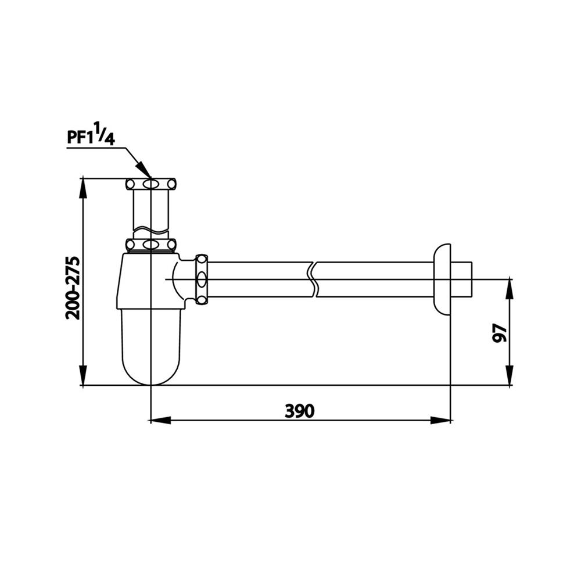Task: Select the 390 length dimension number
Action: point(299,411)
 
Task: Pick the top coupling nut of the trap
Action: point(150,185)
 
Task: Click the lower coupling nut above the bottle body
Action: point(150,245)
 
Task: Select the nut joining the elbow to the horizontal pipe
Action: point(202,279)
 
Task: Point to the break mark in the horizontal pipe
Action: point(314,279)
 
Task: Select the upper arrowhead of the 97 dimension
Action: point(510,285)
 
